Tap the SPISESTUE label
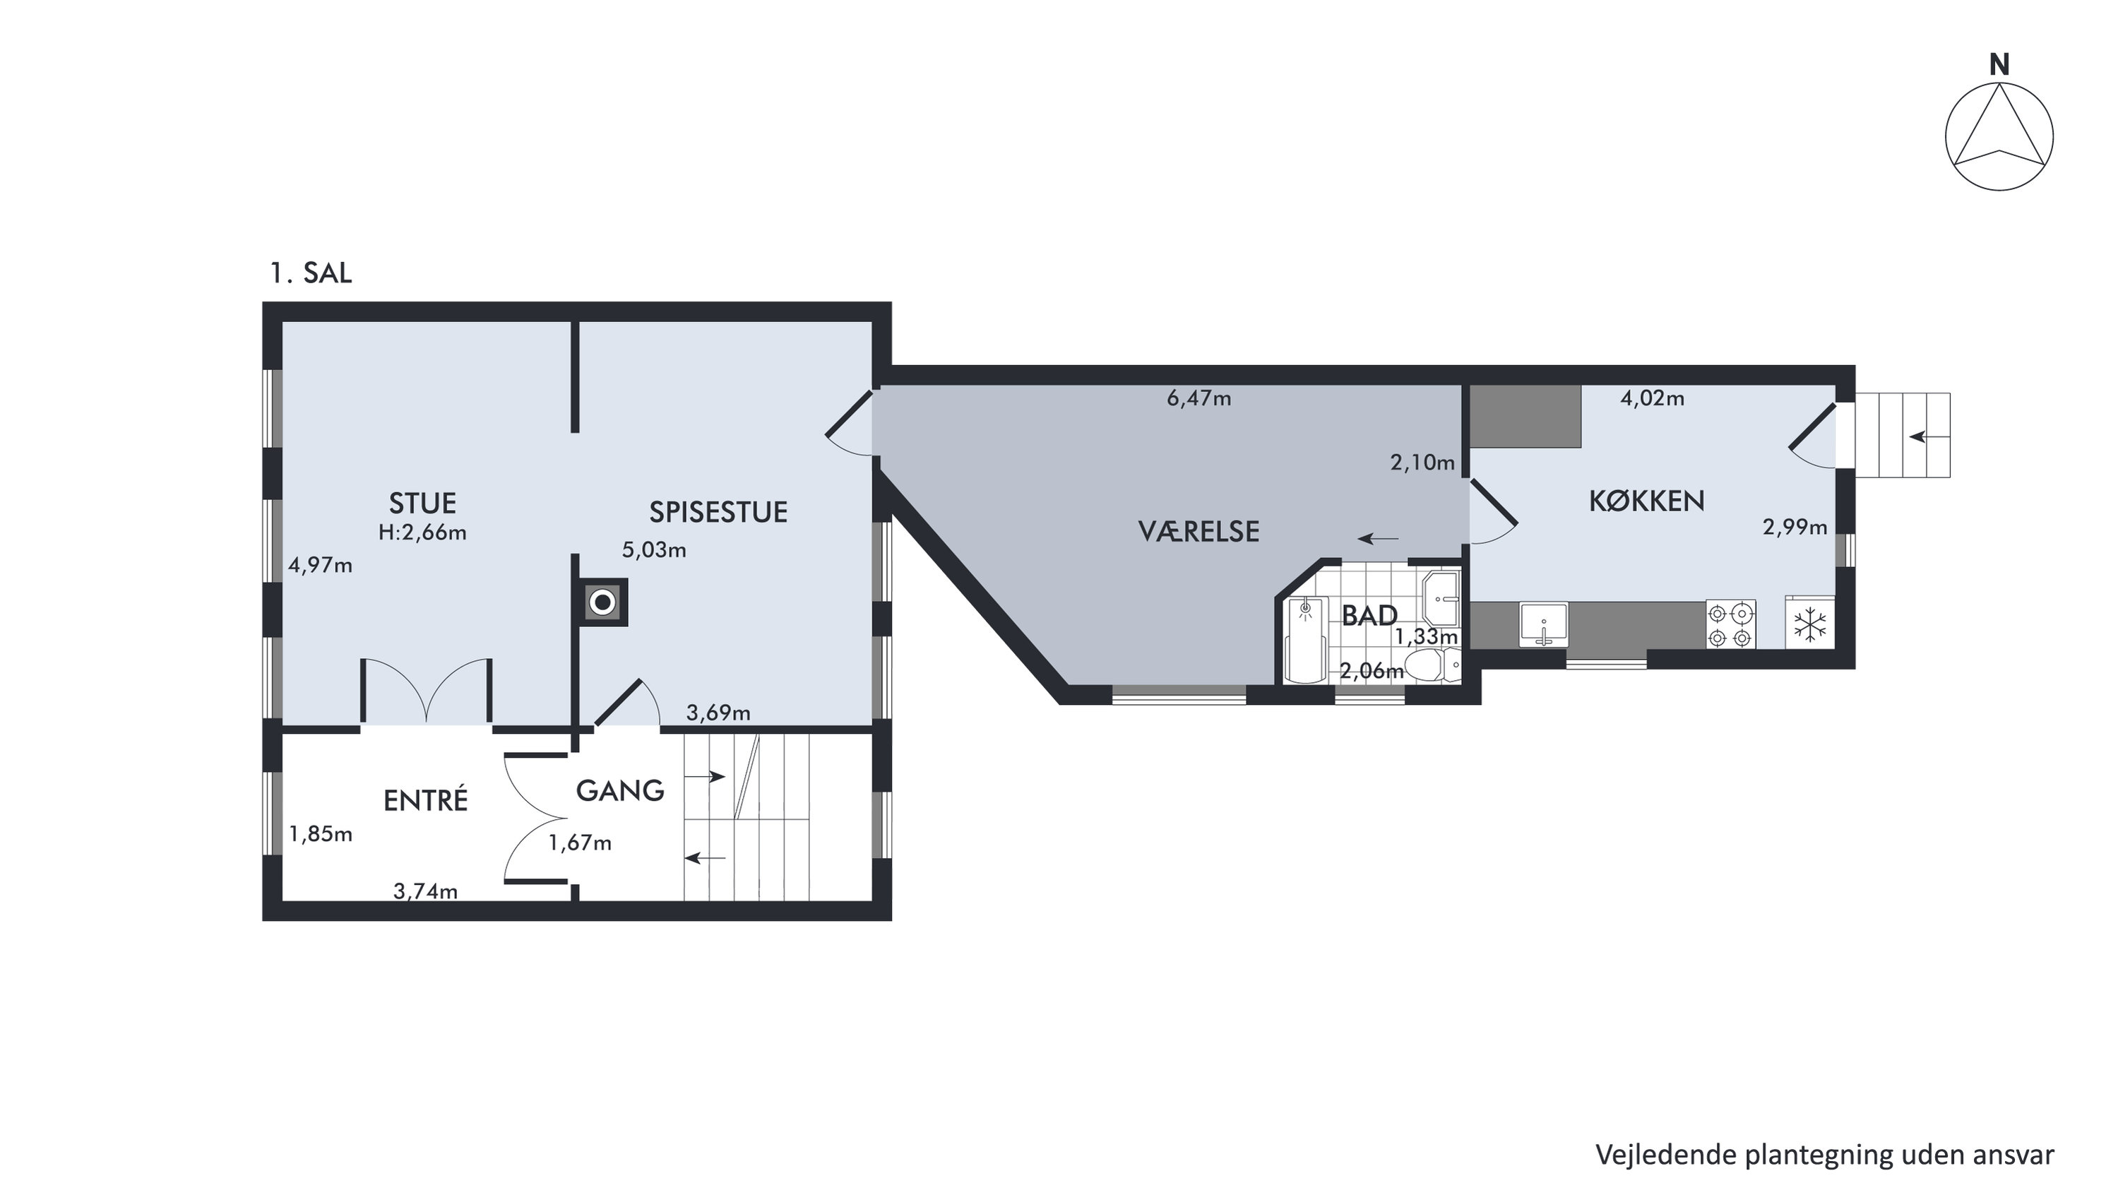point(718,512)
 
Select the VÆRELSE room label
point(1198,531)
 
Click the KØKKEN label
point(1646,501)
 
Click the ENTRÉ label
point(425,799)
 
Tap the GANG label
point(620,790)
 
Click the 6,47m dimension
point(1198,399)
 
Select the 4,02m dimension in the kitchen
point(1652,399)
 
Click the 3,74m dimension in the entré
point(425,891)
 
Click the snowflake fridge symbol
point(1809,624)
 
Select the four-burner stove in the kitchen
point(1730,625)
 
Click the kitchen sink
point(1543,624)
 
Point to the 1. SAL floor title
point(311,273)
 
